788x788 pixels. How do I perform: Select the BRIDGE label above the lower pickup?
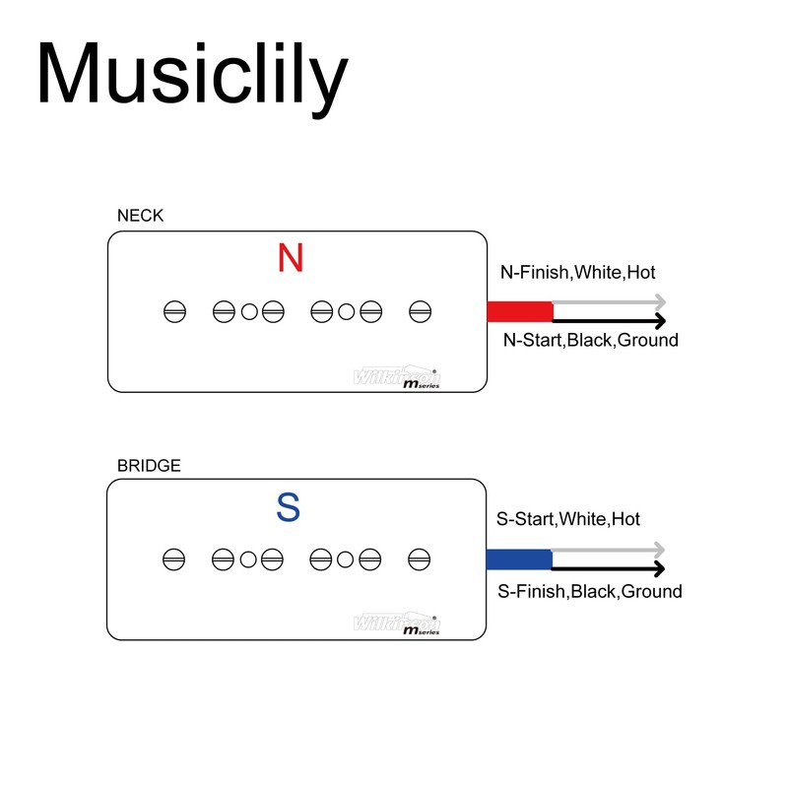click(x=149, y=466)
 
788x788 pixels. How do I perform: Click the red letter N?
click(x=291, y=258)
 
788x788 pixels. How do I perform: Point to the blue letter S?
click(x=289, y=508)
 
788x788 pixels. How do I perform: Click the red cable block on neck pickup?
click(x=520, y=312)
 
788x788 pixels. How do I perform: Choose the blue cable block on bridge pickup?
click(x=519, y=559)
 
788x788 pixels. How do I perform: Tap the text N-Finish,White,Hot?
click(x=577, y=272)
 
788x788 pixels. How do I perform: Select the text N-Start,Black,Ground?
click(x=590, y=341)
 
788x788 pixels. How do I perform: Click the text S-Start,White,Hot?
click(x=569, y=519)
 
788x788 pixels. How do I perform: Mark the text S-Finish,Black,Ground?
click(x=590, y=591)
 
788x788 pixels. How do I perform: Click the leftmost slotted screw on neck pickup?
click(x=174, y=312)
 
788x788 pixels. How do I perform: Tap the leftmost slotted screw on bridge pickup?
click(x=173, y=559)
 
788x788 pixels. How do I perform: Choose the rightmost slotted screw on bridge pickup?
click(x=419, y=559)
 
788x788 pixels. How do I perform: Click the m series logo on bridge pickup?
click(x=421, y=629)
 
